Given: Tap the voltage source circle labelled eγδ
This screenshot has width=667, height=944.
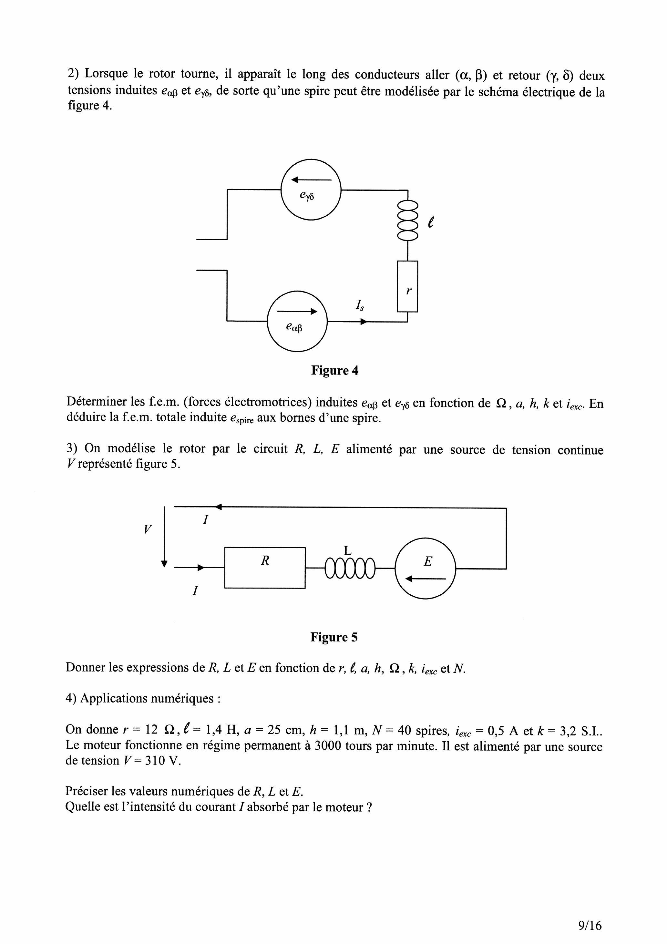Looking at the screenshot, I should click(311, 190).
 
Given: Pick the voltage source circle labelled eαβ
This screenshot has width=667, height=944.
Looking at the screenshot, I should click(297, 321).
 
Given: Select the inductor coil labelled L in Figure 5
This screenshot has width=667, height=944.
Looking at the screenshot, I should click(350, 568).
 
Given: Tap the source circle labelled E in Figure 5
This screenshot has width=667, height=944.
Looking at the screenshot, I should click(426, 568).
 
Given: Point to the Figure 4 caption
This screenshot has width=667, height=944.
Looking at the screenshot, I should click(334, 370).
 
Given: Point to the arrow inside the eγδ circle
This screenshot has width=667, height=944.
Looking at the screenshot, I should click(311, 180).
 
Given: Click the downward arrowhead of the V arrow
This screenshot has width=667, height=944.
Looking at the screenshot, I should click(164, 564).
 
